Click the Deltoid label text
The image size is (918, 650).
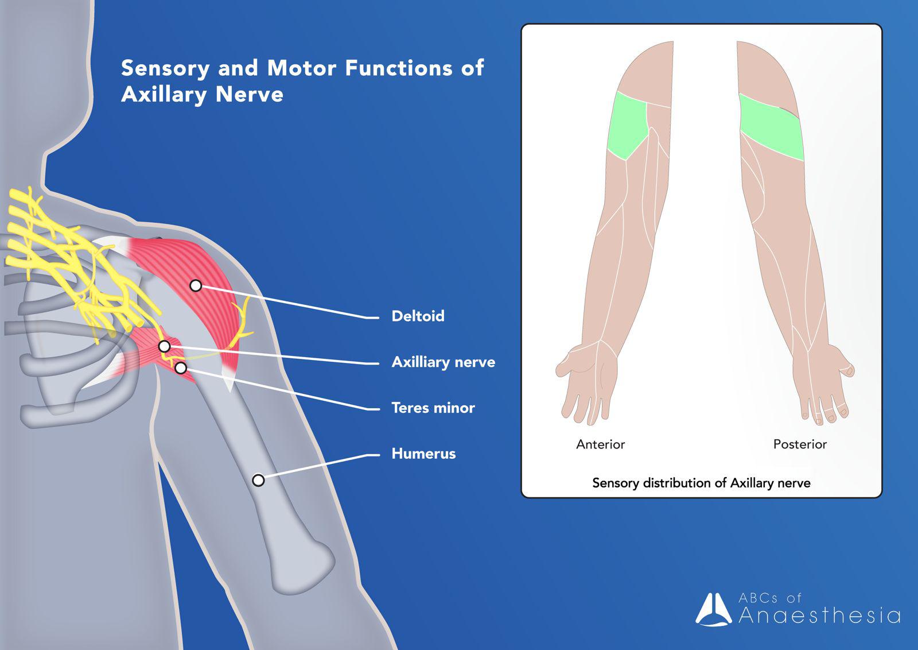coord(418,316)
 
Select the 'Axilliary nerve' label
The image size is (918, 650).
coord(443,362)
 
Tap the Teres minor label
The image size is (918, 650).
coord(433,408)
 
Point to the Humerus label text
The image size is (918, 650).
coord(423,454)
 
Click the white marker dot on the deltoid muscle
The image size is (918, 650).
coord(196,285)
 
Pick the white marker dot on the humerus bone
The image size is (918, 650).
coord(258,480)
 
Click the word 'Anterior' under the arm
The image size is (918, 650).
coord(600,444)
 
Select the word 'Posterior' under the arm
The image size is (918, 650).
coord(800,444)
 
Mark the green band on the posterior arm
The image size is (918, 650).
coord(772,128)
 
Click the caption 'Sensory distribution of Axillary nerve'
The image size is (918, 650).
coord(701,483)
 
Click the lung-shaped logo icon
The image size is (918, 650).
coord(714,609)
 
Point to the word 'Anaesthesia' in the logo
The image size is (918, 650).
coord(819,616)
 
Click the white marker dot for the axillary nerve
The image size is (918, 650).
coord(164,346)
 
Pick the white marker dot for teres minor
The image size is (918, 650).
coord(181,367)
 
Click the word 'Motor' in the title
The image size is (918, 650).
coord(302,68)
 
